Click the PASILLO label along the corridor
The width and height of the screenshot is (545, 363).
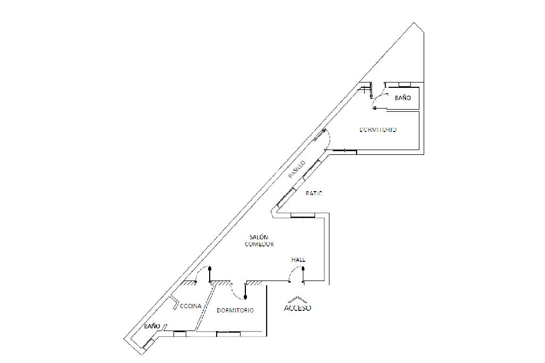coord(296,169)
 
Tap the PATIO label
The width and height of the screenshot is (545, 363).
coord(314,194)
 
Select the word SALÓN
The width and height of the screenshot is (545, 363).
coord(259,237)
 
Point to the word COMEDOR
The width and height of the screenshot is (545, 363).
coord(259,244)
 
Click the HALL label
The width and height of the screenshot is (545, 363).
coord(298,260)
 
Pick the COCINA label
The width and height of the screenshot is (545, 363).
coord(190,306)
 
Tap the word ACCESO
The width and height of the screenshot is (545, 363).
coord(298,308)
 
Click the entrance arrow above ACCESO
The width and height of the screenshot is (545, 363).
coord(298,299)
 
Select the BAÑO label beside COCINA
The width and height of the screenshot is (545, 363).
coord(152,326)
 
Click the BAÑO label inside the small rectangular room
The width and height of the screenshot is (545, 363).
coord(403,98)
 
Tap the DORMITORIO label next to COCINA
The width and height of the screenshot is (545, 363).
coord(235,310)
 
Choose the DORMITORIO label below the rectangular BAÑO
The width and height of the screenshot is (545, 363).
coord(378,130)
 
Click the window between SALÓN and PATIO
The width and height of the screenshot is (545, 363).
coord(303,215)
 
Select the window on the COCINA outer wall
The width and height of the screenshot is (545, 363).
coord(180,333)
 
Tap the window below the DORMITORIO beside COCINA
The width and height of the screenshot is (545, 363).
coord(228,334)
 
